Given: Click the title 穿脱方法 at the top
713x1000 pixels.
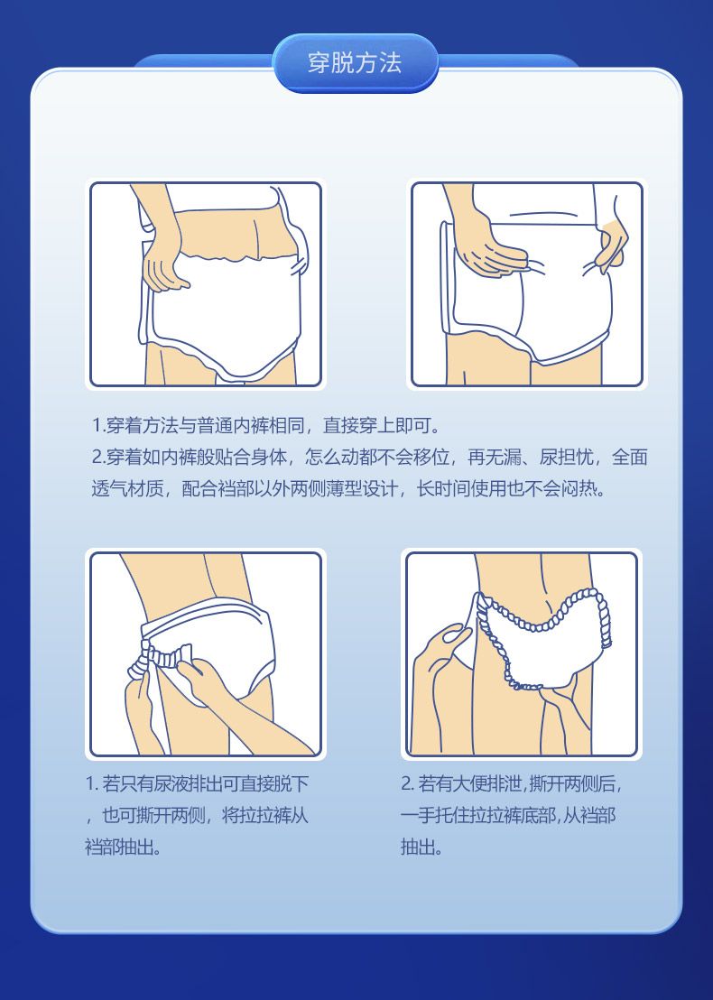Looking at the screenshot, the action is click(x=355, y=63).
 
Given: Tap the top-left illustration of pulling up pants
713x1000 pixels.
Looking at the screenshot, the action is click(x=206, y=284).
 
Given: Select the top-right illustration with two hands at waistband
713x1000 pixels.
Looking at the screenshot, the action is click(x=527, y=284).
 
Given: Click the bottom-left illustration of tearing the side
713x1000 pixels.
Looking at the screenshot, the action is click(x=206, y=654).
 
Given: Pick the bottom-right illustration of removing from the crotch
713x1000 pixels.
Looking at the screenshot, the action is click(x=522, y=654).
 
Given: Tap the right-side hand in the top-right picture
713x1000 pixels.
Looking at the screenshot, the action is click(x=611, y=245).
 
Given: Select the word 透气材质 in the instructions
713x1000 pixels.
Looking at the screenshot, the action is click(x=127, y=489).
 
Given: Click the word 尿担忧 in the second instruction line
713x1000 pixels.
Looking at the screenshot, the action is click(x=567, y=458).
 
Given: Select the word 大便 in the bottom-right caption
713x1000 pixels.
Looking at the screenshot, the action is click(x=469, y=783).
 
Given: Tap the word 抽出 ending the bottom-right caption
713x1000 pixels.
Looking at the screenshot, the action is click(x=418, y=847).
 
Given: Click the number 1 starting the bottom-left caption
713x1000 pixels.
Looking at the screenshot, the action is click(x=90, y=783).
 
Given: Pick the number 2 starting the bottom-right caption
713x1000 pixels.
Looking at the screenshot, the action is click(x=406, y=783).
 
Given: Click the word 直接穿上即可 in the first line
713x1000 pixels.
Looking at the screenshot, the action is click(x=377, y=425).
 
